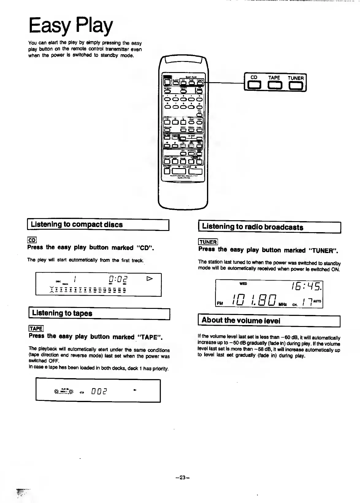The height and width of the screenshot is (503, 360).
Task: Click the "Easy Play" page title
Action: pyautogui.click(x=71, y=26)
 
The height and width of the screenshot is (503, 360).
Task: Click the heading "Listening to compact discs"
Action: pyautogui.click(x=77, y=225)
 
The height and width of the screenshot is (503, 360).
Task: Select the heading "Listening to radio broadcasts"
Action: pyautogui.click(x=252, y=227)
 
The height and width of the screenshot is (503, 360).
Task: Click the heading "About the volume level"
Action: pyautogui.click(x=241, y=321)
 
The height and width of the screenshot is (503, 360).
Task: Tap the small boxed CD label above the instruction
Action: pyautogui.click(x=32, y=240)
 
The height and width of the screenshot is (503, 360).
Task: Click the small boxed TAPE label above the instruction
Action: pyautogui.click(x=36, y=328)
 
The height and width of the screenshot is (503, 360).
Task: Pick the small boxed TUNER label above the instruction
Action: pyautogui.click(x=208, y=242)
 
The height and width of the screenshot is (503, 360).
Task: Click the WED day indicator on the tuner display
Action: pyautogui.click(x=243, y=284)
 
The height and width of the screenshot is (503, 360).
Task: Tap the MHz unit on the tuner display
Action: pyautogui.click(x=282, y=305)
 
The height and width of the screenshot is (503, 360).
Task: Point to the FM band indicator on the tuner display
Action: pyautogui.click(x=220, y=304)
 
